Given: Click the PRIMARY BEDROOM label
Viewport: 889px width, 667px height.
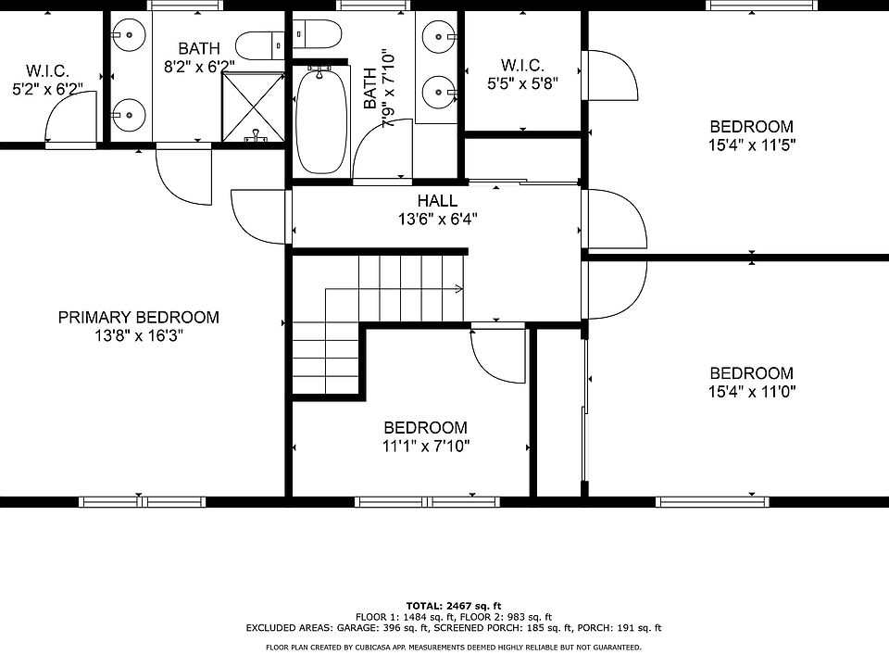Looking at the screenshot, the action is (138, 317).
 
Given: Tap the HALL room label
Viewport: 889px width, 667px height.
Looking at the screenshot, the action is (437, 200).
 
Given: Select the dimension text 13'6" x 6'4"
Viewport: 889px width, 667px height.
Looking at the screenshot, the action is (437, 219).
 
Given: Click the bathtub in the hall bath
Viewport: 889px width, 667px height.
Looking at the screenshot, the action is (321, 121).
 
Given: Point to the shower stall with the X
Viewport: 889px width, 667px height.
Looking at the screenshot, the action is (252, 107).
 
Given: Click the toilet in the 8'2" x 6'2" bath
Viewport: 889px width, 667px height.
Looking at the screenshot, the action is (259, 46).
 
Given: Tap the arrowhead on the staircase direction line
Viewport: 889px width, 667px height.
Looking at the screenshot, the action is (458, 289).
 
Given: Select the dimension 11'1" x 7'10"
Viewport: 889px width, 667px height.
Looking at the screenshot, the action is (426, 447).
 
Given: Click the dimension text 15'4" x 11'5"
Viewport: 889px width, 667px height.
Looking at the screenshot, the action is (752, 145).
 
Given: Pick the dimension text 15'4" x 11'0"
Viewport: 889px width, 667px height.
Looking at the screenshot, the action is (752, 392).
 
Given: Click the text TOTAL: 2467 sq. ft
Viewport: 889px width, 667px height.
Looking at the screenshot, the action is (454, 606).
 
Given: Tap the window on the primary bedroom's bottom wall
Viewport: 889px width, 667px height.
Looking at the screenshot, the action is (142, 502).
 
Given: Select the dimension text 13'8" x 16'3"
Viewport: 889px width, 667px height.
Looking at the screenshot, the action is (138, 336).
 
